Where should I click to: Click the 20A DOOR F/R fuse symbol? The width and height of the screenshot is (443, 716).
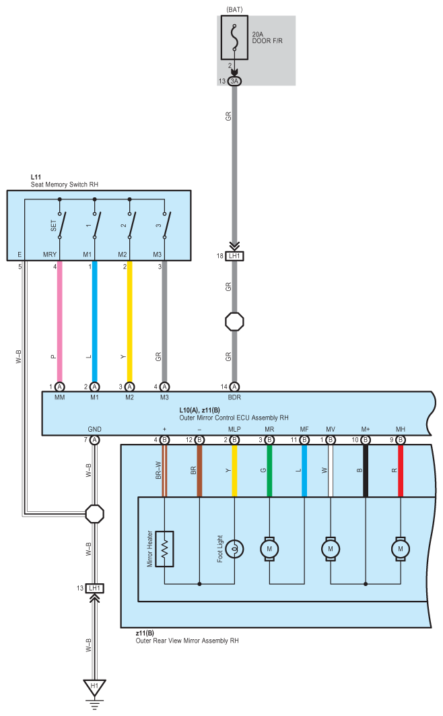tap(234, 38)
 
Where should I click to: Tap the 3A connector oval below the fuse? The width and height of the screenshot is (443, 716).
tap(234, 82)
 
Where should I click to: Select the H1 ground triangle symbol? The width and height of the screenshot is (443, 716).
tap(94, 687)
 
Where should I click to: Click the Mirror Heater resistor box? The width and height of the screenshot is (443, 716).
tap(164, 549)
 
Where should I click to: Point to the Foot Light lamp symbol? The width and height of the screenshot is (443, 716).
tap(234, 549)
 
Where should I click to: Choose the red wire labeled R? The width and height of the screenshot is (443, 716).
tap(401, 471)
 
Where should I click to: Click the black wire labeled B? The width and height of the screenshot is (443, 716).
tap(366, 471)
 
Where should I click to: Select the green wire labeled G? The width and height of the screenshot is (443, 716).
tap(269, 471)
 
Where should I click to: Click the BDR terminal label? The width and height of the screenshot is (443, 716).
tap(234, 397)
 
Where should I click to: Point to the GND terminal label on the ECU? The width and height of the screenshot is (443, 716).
tap(94, 429)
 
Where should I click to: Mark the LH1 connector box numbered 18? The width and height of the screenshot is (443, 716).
tap(234, 256)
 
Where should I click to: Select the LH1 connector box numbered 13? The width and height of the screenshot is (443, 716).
tap(94, 588)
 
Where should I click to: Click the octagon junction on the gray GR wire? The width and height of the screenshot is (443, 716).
tap(234, 322)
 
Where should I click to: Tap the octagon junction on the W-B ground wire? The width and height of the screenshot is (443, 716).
tap(94, 514)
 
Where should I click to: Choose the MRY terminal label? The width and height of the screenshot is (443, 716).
tap(50, 255)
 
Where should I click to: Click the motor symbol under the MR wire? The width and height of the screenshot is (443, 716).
tap(269, 549)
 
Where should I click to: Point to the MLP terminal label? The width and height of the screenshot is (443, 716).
tap(234, 429)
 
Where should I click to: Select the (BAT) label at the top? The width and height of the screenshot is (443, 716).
tap(234, 9)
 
